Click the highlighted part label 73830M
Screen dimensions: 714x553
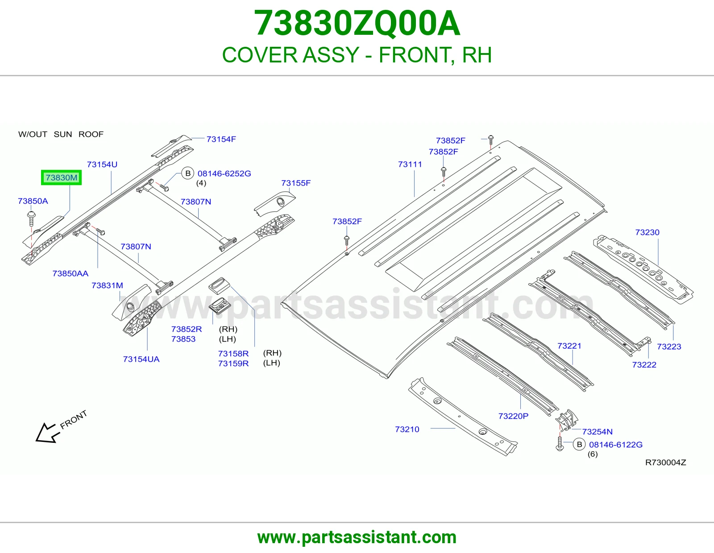pyautogui.click(x=62, y=177)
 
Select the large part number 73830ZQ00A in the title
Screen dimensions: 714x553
pyautogui.click(x=357, y=23)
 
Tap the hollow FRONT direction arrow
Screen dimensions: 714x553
pyautogui.click(x=48, y=433)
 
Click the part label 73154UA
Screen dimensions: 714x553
pyautogui.click(x=141, y=359)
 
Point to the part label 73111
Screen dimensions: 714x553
pyautogui.click(x=410, y=164)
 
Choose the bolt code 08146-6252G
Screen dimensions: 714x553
pyautogui.click(x=224, y=173)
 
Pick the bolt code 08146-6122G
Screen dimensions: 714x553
pyautogui.click(x=616, y=445)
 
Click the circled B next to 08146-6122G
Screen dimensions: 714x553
pyautogui.click(x=579, y=445)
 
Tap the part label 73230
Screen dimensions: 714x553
pyautogui.click(x=648, y=232)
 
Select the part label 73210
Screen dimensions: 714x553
pyautogui.click(x=407, y=429)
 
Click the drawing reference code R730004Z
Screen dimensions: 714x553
pyautogui.click(x=666, y=463)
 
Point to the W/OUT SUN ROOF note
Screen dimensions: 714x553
pyautogui.click(x=61, y=134)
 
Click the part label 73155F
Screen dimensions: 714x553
pyautogui.click(x=296, y=183)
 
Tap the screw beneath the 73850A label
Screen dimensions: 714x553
pyautogui.click(x=32, y=219)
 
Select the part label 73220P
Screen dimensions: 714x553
pyautogui.click(x=513, y=417)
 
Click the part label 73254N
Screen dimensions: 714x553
pyautogui.click(x=598, y=432)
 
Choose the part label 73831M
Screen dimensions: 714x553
pyautogui.click(x=107, y=285)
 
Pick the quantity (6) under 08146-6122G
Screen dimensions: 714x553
pyautogui.click(x=593, y=454)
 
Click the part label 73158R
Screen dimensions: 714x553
pyautogui.click(x=233, y=354)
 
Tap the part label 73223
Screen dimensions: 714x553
pyautogui.click(x=669, y=347)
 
